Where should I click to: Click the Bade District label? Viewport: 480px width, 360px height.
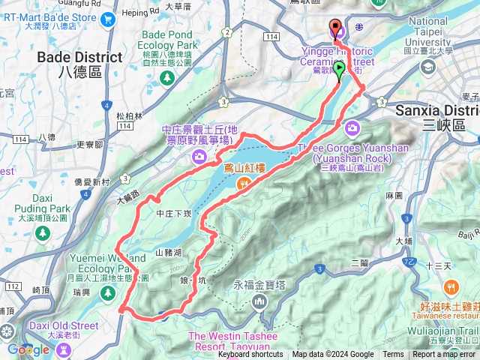79,58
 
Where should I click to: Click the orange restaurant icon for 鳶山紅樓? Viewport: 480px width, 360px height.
243,184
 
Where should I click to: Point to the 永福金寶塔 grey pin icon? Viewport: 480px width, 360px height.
259,301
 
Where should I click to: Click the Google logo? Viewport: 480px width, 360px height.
28,349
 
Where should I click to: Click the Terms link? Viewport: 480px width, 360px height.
393,355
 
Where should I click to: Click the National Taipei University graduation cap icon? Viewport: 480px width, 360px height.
428,67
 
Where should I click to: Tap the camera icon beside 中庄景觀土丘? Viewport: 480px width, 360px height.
199,155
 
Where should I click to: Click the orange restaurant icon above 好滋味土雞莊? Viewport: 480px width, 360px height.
451,286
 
